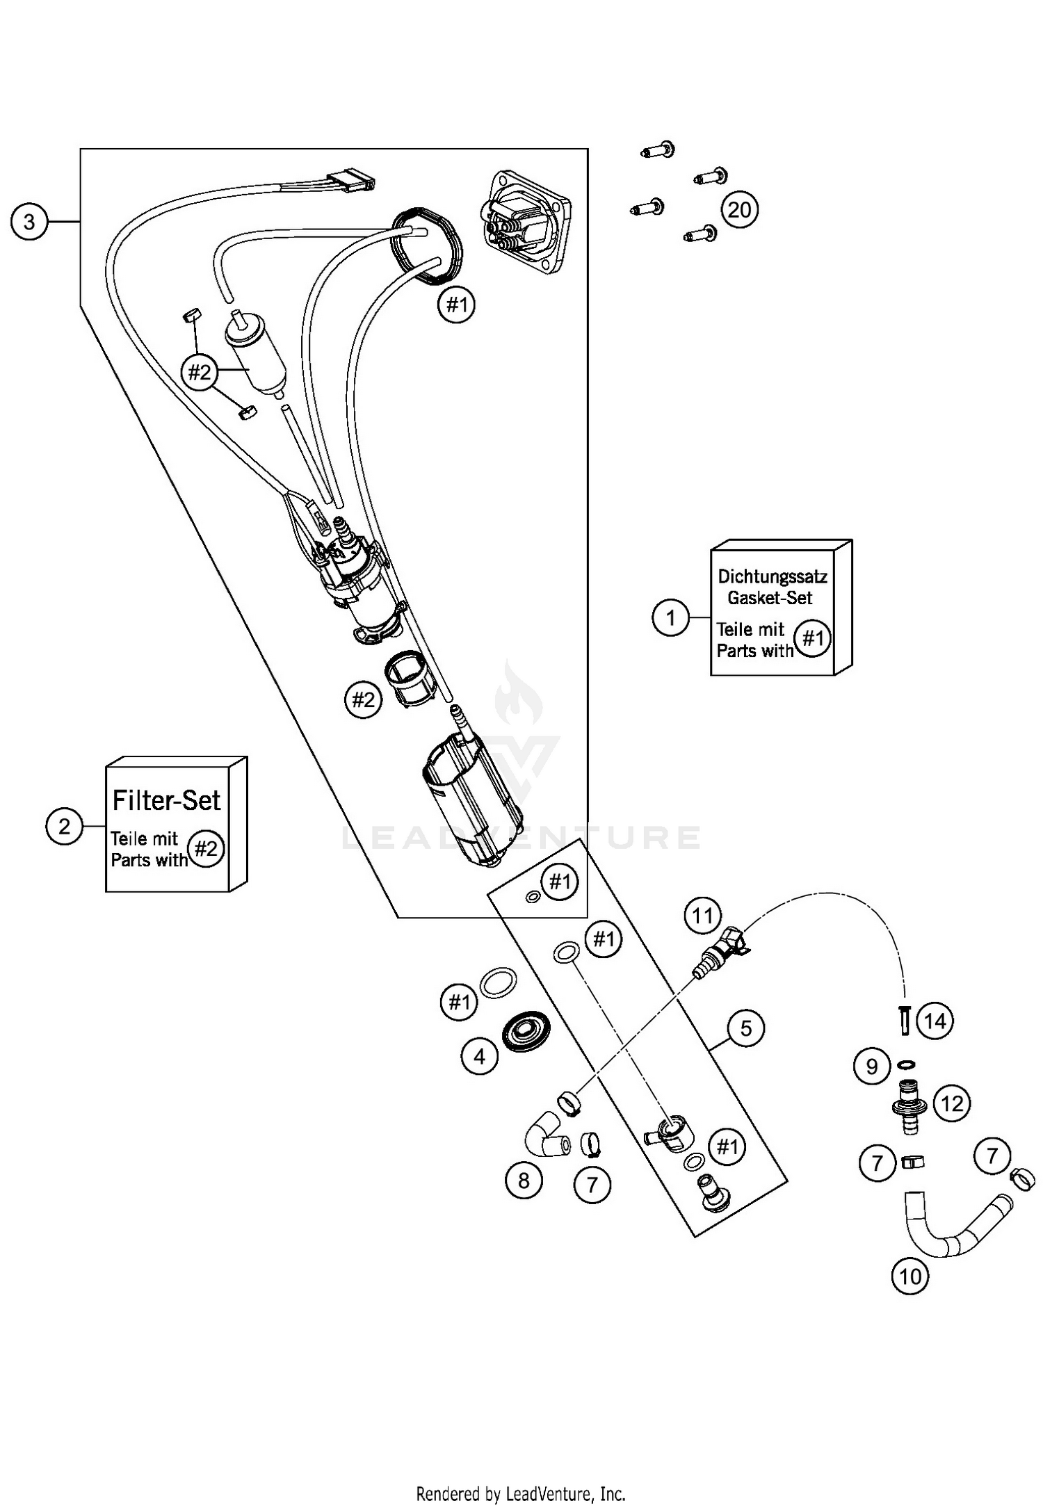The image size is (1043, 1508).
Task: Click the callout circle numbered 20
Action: [739, 209]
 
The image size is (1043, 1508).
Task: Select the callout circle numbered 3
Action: [29, 222]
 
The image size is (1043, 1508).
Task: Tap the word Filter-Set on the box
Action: [166, 800]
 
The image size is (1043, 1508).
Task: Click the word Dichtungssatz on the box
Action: [772, 576]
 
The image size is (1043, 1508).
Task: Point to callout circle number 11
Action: [702, 916]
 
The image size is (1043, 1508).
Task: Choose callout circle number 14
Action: [935, 1021]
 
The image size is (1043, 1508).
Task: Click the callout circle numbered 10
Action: [909, 1276]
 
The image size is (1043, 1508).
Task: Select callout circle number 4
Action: [479, 1057]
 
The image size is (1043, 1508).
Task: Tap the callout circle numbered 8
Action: [524, 1179]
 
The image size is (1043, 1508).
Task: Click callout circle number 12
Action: [952, 1103]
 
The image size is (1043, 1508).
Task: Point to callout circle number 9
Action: [872, 1066]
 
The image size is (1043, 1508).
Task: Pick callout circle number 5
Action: [746, 1028]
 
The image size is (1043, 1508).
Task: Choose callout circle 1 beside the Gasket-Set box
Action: [670, 617]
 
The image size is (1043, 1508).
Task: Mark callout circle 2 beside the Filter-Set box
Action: [64, 826]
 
